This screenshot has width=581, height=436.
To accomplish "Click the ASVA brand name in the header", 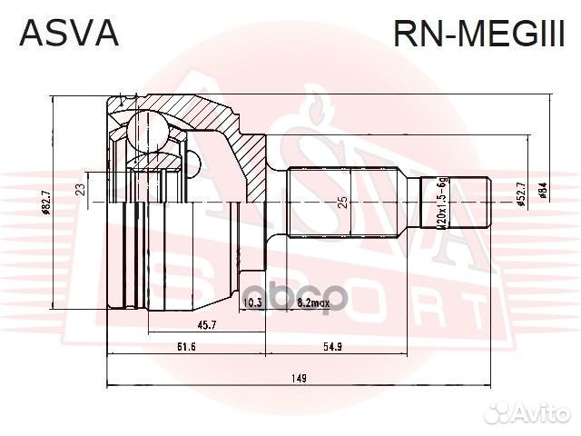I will pyautogui.click(x=69, y=34).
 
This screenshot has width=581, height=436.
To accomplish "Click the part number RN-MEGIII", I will pyautogui.click(x=478, y=34).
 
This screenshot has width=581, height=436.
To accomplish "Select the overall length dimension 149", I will pyautogui.click(x=299, y=378).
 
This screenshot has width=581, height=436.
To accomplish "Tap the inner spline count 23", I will pyautogui.click(x=81, y=190).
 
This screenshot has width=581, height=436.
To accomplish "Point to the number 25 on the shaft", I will pyautogui.click(x=341, y=203).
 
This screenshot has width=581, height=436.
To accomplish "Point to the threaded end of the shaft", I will pyautogui.click(x=457, y=203).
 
